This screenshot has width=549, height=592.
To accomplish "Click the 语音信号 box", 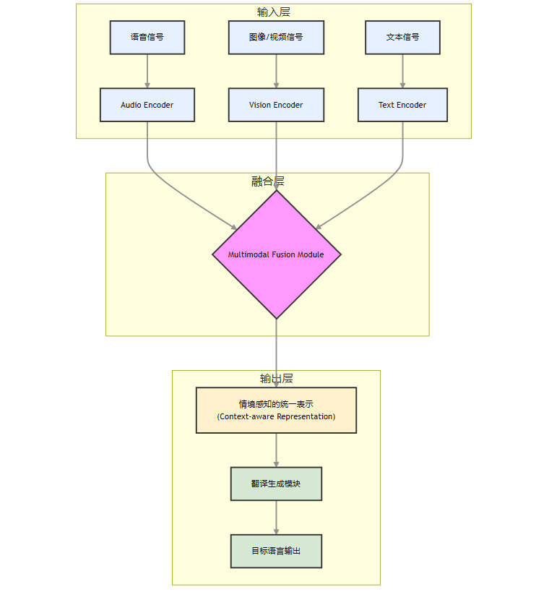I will pyautogui.click(x=147, y=38).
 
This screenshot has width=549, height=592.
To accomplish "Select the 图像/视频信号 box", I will pyautogui.click(x=276, y=38).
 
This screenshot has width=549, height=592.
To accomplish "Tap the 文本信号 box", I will pyautogui.click(x=402, y=38).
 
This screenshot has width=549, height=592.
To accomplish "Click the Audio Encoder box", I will pyautogui.click(x=147, y=105).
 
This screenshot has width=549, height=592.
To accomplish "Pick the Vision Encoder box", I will pyautogui.click(x=276, y=105).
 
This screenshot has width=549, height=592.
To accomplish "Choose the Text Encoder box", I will pyautogui.click(x=402, y=105).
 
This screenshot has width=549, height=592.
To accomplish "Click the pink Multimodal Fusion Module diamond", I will pyautogui.click(x=276, y=254).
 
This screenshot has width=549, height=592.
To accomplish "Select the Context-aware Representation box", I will pyautogui.click(x=276, y=411).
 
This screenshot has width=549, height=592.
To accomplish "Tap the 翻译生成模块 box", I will pyautogui.click(x=276, y=484).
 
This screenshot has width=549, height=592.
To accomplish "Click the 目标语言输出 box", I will pyautogui.click(x=276, y=551).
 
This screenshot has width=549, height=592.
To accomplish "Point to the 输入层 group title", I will pyautogui.click(x=274, y=12).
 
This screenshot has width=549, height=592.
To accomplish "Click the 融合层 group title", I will pyautogui.click(x=267, y=181).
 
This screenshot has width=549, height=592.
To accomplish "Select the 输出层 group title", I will pyautogui.click(x=276, y=379).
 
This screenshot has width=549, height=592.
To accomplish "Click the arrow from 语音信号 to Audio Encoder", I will pyautogui.click(x=147, y=71).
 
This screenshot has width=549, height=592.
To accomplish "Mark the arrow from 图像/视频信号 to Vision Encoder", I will pyautogui.click(x=276, y=71).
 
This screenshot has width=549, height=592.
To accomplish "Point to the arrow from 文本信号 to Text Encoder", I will pyautogui.click(x=402, y=71).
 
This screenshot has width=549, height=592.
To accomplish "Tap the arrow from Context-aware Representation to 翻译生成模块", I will pyautogui.click(x=276, y=450).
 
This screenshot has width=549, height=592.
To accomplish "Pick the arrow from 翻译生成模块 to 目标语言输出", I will pyautogui.click(x=276, y=517).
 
